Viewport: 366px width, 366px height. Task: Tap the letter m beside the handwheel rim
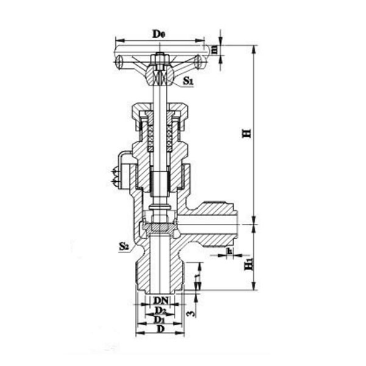point(214,48)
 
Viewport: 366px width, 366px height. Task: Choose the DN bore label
point(160,301)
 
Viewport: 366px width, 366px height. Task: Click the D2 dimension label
point(160,310)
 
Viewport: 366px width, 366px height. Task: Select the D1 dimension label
point(159,320)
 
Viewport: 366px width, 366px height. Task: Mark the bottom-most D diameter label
point(160,329)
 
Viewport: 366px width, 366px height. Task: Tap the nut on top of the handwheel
point(160,59)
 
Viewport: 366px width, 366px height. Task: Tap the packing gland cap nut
point(160,112)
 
